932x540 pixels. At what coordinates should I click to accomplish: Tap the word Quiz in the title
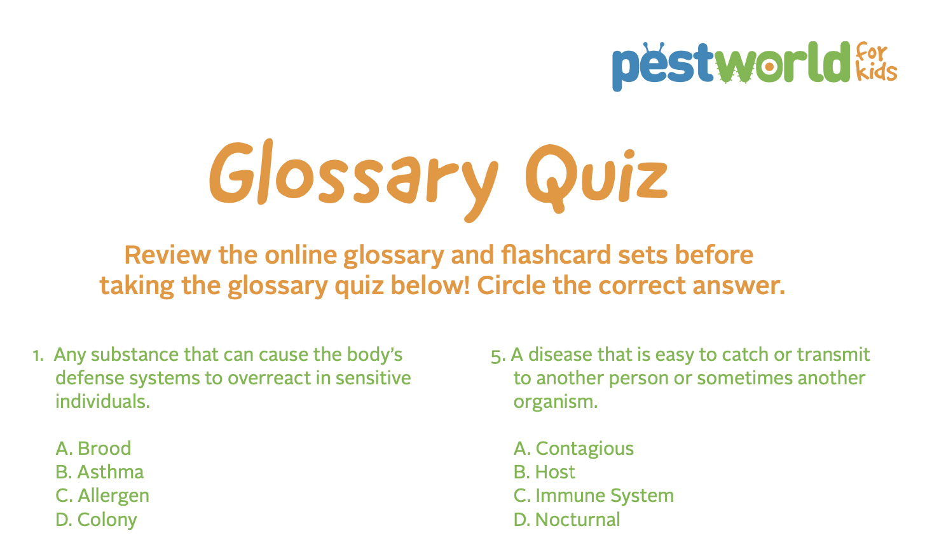pyautogui.click(x=596, y=173)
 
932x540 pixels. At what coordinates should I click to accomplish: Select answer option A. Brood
pyautogui.click(x=93, y=449)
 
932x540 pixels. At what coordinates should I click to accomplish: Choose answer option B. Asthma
pyautogui.click(x=100, y=472)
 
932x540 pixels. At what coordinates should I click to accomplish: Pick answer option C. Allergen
pyautogui.click(x=102, y=496)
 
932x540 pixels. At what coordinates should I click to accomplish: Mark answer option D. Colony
pyautogui.click(x=97, y=520)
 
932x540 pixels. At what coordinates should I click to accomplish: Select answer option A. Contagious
pyautogui.click(x=573, y=449)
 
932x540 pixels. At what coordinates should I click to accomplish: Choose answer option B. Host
pyautogui.click(x=544, y=472)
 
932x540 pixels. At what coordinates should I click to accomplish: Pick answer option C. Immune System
pyautogui.click(x=593, y=496)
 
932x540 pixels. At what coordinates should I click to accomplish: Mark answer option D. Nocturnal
pyautogui.click(x=566, y=520)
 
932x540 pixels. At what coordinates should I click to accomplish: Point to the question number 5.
pyautogui.click(x=497, y=355)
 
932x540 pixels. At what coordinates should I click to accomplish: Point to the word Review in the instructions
pyautogui.click(x=167, y=255)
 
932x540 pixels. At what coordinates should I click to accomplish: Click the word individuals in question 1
pyautogui.click(x=102, y=402)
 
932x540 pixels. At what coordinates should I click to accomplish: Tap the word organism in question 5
pyautogui.click(x=555, y=402)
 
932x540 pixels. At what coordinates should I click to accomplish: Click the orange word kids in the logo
pyautogui.click(x=877, y=72)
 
